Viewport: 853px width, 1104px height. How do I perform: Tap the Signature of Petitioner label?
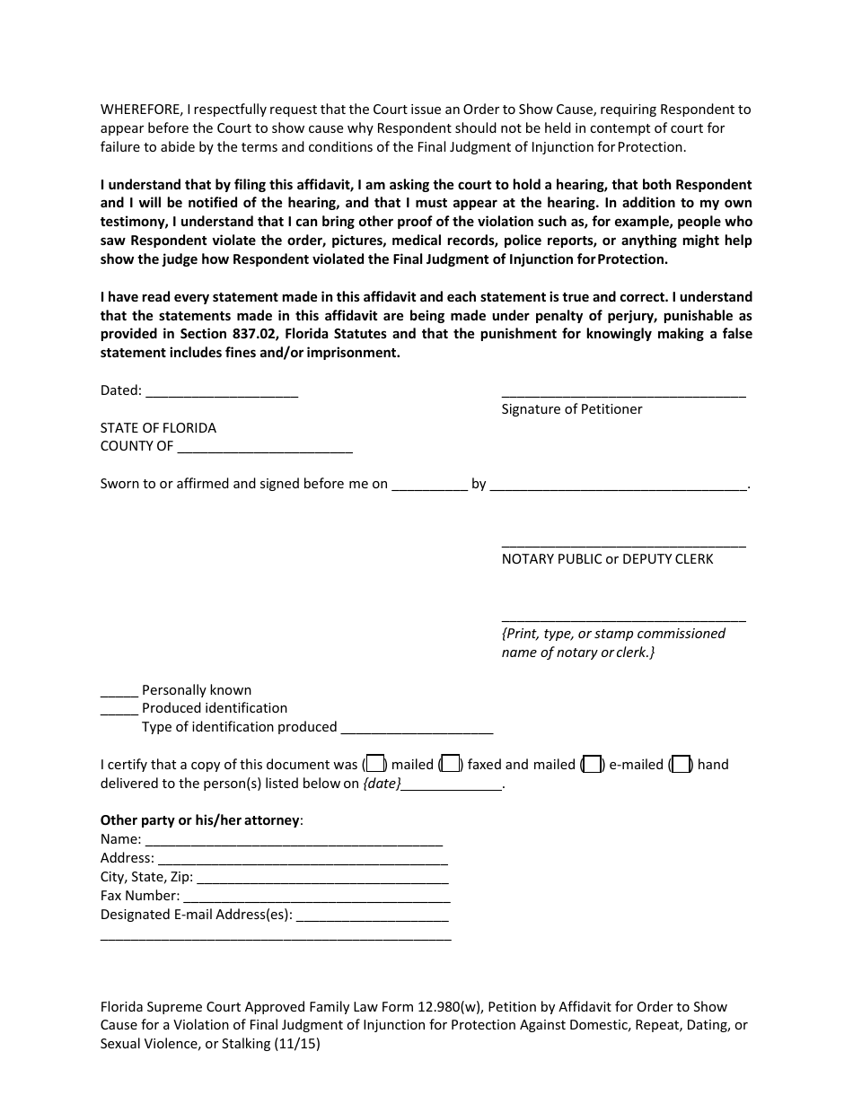tap(571, 409)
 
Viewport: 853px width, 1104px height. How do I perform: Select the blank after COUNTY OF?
tap(265, 448)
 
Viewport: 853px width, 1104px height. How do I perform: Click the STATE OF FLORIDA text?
tap(158, 428)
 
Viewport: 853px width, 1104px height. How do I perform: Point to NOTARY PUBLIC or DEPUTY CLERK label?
tap(607, 559)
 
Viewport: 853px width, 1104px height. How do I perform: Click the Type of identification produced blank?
tap(417, 729)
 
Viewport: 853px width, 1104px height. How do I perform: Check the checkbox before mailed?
tap(376, 765)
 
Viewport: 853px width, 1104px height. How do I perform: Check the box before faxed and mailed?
tap(452, 765)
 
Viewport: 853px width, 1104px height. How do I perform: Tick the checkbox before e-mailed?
tap(592, 765)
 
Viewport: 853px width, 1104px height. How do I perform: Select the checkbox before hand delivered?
tap(682, 765)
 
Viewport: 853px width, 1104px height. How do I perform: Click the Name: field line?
tap(294, 841)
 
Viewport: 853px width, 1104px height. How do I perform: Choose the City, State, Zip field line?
tap(321, 879)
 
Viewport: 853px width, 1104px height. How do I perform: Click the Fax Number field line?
tap(316, 898)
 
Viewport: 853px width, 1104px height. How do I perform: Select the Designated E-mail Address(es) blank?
tap(372, 916)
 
